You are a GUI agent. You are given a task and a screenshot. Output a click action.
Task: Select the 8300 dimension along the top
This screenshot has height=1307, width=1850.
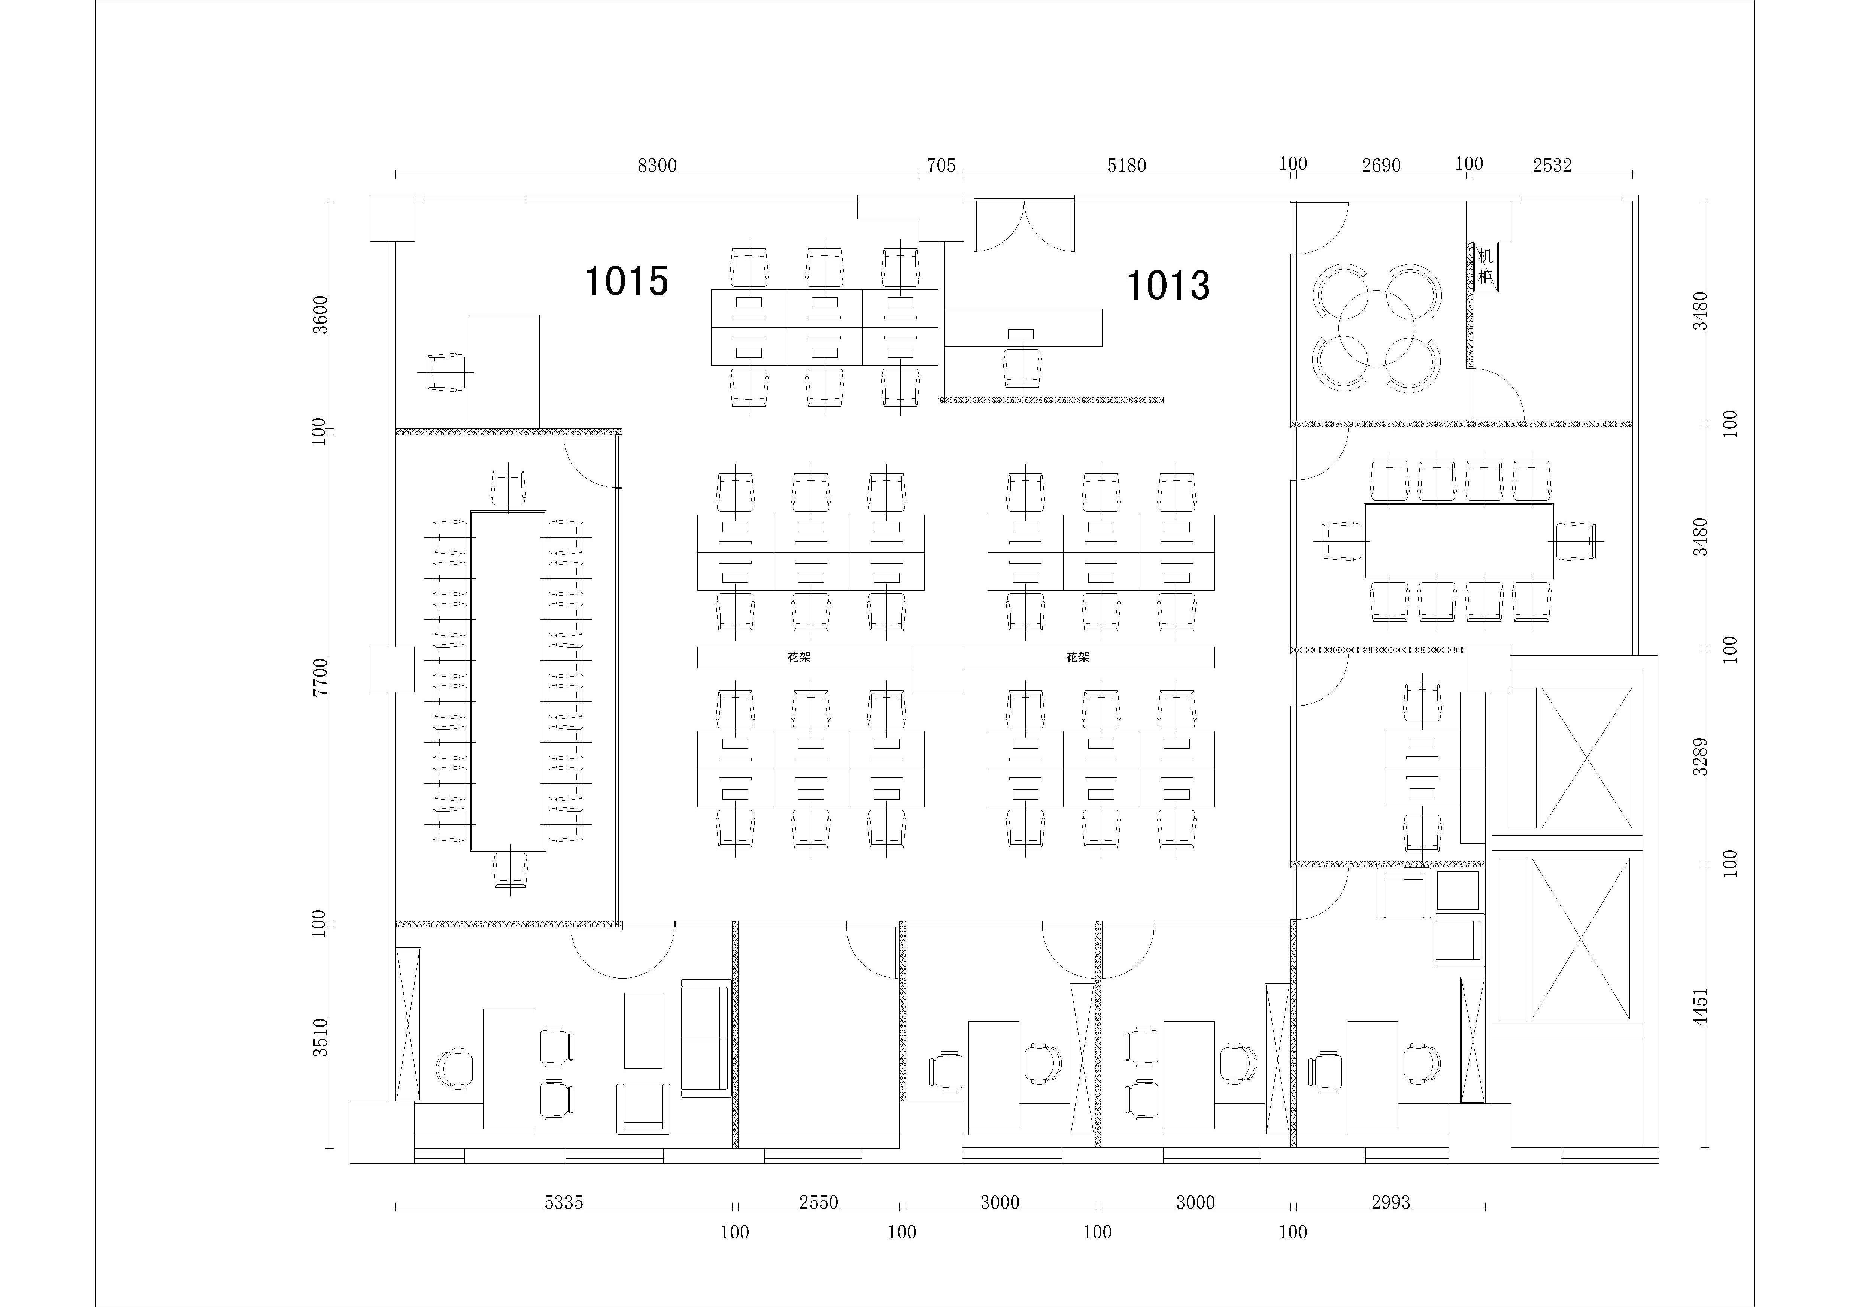(x=657, y=166)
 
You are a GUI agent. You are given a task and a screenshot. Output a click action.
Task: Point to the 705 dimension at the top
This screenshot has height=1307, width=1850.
(x=940, y=166)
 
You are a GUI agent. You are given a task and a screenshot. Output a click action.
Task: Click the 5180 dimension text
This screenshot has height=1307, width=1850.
(x=1126, y=166)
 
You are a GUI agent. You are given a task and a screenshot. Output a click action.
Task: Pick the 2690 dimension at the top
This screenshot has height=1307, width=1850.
(x=1381, y=166)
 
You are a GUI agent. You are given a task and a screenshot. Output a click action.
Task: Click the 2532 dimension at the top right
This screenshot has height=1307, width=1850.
(x=1552, y=166)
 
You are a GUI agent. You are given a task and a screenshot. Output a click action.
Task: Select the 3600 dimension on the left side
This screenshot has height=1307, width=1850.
(x=321, y=315)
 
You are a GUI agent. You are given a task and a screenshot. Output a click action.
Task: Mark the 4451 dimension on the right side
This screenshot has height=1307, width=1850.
(x=1700, y=1007)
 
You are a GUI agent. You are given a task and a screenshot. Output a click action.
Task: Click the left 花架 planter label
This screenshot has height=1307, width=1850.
(x=798, y=658)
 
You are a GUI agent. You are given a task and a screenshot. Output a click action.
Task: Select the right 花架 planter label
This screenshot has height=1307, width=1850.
(x=1077, y=658)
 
